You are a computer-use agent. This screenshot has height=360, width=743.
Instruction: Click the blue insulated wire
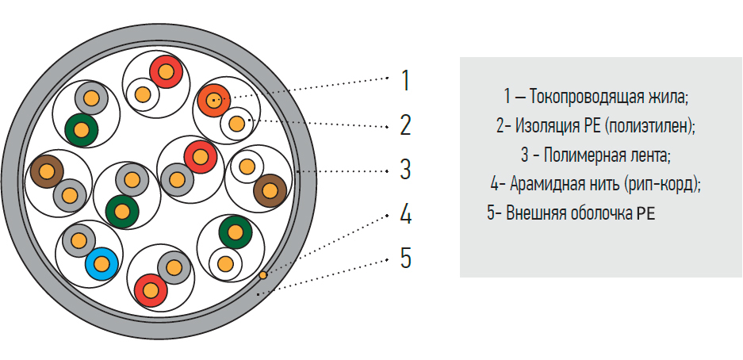point(101,263)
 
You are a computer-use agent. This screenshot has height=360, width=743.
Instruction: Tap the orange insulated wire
point(214,100)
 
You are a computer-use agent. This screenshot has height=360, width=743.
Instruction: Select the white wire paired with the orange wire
point(236,124)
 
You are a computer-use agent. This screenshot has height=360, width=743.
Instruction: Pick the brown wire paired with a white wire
point(270,191)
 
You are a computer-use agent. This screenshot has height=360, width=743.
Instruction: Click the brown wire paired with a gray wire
point(47,171)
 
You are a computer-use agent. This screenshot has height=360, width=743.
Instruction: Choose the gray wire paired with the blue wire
point(79,240)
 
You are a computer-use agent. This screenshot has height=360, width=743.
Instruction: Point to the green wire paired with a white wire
point(236,232)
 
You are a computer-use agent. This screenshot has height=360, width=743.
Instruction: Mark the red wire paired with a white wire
point(166,72)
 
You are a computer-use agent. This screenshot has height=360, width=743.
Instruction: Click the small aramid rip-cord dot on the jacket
point(262,274)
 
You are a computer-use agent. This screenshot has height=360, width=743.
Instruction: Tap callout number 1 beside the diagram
point(404,80)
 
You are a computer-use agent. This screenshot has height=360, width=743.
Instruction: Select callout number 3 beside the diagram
point(405,169)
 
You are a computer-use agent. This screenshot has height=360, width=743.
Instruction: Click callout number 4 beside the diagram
point(405,214)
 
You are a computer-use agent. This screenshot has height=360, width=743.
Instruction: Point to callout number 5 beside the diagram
point(405,259)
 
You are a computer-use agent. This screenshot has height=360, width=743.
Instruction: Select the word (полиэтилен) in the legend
point(650,126)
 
